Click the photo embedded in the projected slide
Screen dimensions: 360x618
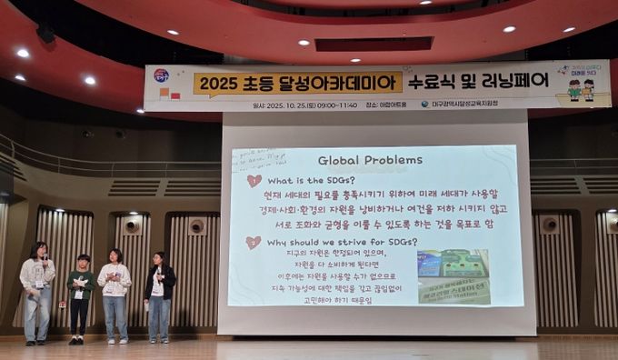[453, 276]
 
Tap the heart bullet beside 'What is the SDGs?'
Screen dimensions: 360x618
[254, 181]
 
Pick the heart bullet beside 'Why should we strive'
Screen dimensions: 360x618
[252, 243]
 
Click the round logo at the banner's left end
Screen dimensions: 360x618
[161, 75]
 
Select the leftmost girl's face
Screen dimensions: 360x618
[38, 251]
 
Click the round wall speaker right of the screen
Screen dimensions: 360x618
[548, 224]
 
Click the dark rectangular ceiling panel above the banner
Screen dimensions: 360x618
[374, 43]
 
